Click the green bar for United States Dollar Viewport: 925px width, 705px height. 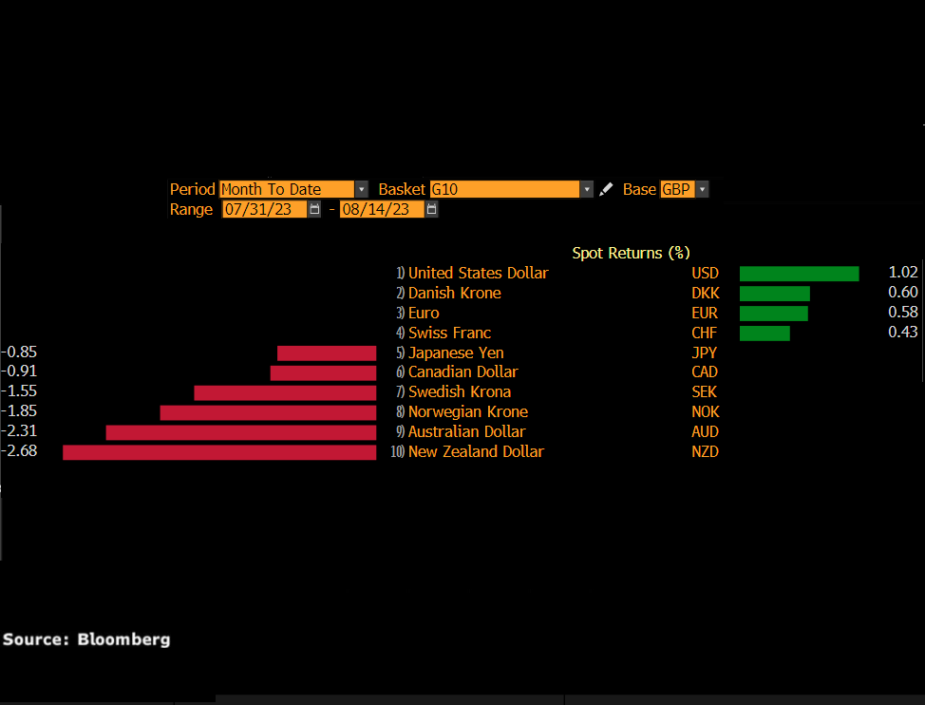click(799, 274)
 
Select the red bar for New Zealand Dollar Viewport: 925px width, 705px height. click(219, 452)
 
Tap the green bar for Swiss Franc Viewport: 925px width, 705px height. click(765, 333)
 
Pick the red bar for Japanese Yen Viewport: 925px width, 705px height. click(327, 353)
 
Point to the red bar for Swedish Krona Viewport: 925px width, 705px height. click(285, 392)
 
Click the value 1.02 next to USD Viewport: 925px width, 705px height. click(903, 274)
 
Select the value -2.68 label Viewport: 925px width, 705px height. click(20, 451)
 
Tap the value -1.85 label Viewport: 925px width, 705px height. click(20, 411)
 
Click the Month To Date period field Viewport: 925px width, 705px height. click(286, 189)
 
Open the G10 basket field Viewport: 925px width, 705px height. click(504, 189)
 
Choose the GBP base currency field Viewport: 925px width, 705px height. click(677, 189)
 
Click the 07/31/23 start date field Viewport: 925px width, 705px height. click(264, 209)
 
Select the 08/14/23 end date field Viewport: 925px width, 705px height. click(382, 209)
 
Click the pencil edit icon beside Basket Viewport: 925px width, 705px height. click(606, 190)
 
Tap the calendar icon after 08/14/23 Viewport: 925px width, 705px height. click(431, 209)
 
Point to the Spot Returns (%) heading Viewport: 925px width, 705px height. click(631, 254)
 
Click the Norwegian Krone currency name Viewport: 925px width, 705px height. click(467, 412)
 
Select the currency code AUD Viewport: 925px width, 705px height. click(705, 432)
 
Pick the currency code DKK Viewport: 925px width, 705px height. click(705, 294)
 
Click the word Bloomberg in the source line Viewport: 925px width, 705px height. click(124, 639)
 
